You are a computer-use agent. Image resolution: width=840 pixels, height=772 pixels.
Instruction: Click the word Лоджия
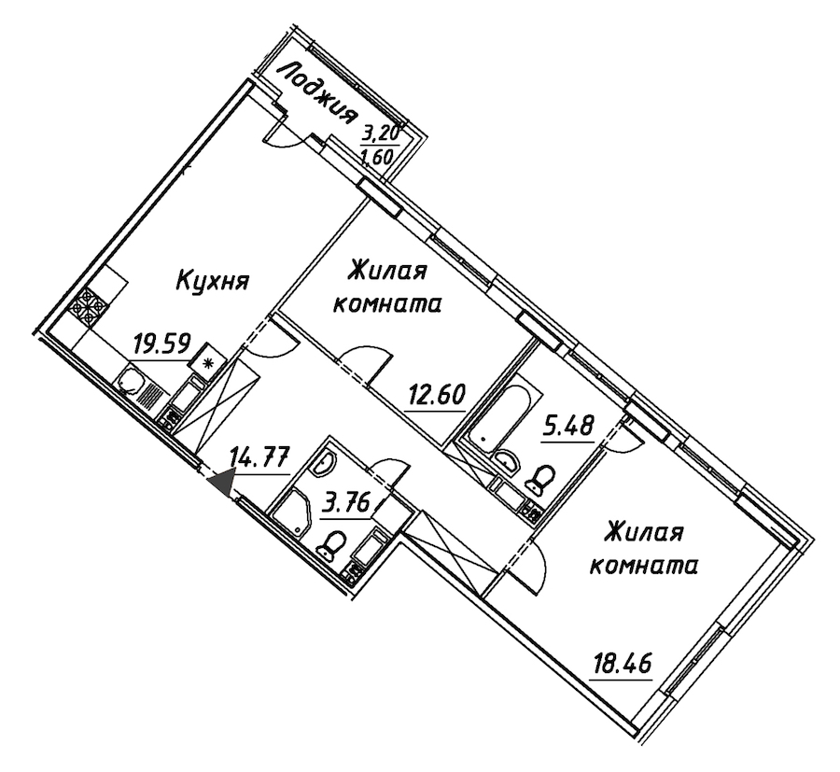pos(320,93)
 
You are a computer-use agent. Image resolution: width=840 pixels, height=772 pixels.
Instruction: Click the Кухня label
pos(213,280)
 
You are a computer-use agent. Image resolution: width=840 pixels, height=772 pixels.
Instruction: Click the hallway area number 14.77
pos(260,458)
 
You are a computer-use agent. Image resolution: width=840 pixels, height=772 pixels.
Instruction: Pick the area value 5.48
pos(567,427)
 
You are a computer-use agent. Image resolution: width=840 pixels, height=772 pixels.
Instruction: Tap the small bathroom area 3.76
pos(346,504)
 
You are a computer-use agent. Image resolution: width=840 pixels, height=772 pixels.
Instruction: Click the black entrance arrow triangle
pos(222,482)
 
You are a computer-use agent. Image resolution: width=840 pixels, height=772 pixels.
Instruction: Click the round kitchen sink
pos(130,381)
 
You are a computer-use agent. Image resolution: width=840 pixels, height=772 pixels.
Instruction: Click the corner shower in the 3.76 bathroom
pos(292,512)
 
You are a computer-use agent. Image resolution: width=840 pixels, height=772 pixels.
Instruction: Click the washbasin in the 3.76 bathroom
pos(324,463)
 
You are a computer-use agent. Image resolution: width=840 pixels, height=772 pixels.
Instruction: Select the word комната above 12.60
pos(387,305)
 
